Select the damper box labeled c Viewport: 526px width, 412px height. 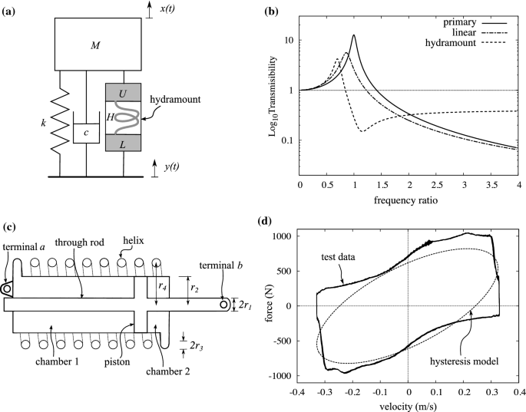point(87,131)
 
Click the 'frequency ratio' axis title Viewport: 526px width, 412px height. point(409,202)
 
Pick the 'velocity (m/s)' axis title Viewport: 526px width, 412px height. point(409,407)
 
